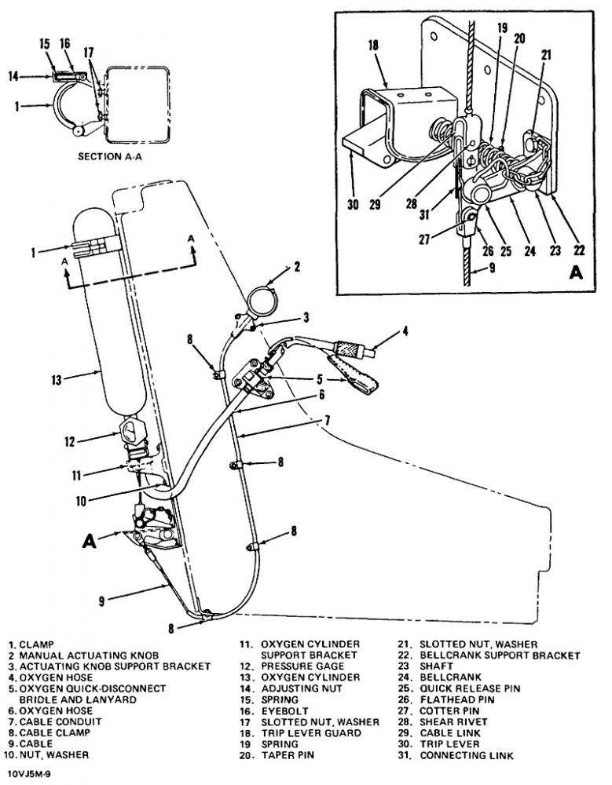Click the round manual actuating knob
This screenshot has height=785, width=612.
tap(262, 301)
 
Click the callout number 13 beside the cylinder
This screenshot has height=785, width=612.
tap(56, 380)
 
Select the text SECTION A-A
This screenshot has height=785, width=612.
tap(110, 156)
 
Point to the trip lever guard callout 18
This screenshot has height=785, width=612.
tap(373, 45)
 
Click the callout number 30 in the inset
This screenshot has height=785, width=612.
tap(353, 204)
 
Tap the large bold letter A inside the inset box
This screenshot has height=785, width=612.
tap(577, 273)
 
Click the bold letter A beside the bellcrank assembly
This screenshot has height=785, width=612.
tap(90, 541)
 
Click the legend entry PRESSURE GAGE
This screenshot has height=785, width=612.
tap(302, 666)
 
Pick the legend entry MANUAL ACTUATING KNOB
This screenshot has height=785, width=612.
tap(89, 655)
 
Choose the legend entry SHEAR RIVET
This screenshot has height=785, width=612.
tap(453, 721)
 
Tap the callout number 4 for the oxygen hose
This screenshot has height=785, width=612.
tap(405, 331)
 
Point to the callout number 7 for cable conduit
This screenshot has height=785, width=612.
tap(327, 421)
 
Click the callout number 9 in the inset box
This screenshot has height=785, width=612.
tap(493, 268)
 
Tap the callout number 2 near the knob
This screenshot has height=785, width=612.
tap(297, 266)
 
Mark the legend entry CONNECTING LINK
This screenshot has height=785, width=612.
tap(467, 754)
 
